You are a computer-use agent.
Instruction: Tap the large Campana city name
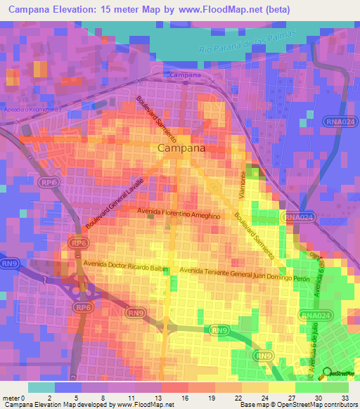coord(182,148)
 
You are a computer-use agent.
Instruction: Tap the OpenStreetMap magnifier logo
coord(326,373)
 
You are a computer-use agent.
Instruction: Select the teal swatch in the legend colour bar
coord(41,387)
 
